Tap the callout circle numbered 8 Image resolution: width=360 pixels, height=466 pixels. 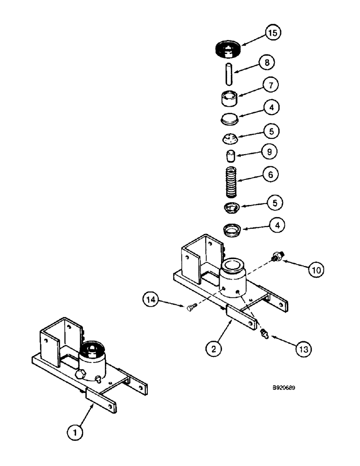pos(267,62)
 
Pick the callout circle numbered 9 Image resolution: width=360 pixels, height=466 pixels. pos(270,152)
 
